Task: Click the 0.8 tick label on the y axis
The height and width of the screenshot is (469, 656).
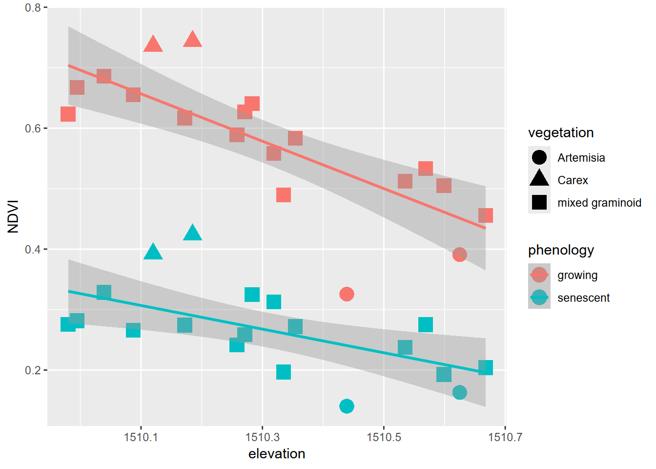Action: pos(33,8)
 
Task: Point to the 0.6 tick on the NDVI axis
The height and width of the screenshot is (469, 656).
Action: pos(33,128)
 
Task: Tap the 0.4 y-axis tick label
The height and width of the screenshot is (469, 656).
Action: pos(33,249)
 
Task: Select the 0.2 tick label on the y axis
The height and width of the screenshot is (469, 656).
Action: pos(33,370)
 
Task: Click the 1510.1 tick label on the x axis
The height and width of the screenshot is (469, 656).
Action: pos(141,437)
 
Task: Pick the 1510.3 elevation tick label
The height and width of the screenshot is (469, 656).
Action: pos(263,437)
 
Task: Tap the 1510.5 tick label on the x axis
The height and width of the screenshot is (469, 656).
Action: pos(384,437)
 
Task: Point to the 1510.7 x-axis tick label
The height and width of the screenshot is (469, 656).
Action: pos(505,437)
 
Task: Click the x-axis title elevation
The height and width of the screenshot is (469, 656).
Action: pos(277,454)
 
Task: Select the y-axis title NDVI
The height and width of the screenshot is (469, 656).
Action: pos(13,216)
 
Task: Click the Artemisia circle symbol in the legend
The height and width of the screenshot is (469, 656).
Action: pos(539,157)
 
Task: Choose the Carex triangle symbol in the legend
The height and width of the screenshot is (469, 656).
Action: pos(539,179)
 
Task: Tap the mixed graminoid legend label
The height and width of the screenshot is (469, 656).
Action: pos(599,203)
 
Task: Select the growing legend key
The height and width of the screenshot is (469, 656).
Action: pos(539,275)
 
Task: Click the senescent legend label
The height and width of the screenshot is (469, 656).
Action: pos(583,298)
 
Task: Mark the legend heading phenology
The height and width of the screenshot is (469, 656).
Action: pos(561,250)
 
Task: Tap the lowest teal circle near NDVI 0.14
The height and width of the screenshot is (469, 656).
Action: pos(347,406)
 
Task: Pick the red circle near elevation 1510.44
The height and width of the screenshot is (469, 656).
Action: pos(347,294)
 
